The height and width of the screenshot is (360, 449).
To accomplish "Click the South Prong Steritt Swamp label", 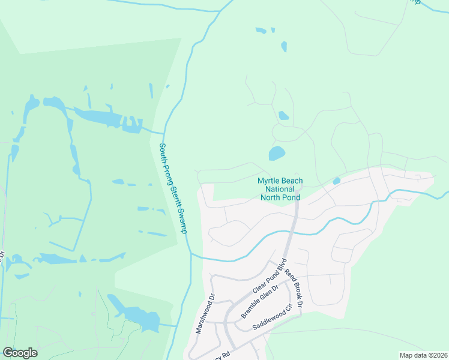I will pos(173,188).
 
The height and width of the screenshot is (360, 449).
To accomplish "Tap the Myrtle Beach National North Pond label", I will pos(280,188).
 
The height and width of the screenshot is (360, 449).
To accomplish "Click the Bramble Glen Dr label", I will pos(260,302).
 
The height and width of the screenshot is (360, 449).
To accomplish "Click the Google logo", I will pos(20,353).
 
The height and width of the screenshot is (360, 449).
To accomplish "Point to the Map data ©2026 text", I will pos(423,355).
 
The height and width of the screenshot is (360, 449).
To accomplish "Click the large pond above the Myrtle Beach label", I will pos(277,153).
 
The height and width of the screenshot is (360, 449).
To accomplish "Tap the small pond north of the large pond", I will pos(283,115).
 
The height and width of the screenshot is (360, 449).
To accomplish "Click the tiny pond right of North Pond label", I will pos(336,181).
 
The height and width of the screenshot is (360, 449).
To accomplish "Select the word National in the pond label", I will pos(280,188).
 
